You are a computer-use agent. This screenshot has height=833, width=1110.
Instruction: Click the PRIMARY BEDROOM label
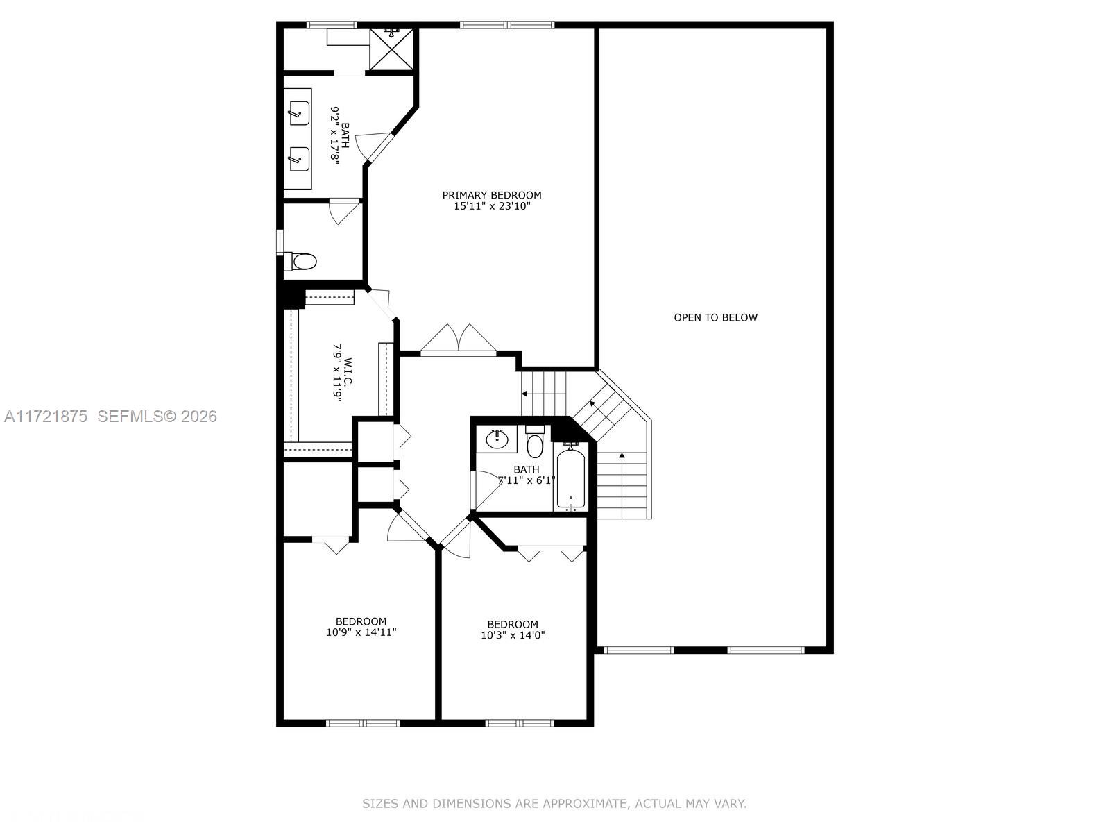coord(492,195)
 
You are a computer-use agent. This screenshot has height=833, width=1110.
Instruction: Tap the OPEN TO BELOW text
coord(715,317)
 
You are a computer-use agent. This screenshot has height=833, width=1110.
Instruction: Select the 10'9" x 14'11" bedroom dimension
coord(361,632)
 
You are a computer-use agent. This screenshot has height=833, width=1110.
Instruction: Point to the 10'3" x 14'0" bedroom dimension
coord(513,635)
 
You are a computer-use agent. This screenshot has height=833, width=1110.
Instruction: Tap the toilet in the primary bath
coord(302,262)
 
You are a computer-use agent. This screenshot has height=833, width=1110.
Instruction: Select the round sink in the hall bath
coord(497,439)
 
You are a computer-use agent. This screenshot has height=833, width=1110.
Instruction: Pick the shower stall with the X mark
coord(391,49)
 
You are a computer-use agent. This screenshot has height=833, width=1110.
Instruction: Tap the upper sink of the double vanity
coord(299,112)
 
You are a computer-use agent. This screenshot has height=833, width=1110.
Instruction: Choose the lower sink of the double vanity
coord(299,158)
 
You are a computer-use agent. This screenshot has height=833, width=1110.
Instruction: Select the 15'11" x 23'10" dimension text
coord(492,206)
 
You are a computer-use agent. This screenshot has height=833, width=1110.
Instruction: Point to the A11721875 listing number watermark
coord(46,416)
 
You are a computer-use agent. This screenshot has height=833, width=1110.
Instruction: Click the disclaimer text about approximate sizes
coord(554,804)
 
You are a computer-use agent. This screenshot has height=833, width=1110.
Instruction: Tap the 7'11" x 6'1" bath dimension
coord(527,480)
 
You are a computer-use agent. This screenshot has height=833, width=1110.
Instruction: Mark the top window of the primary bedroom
coord(507,26)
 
